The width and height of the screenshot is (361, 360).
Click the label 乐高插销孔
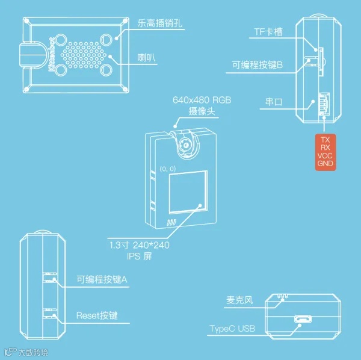coord(160,25)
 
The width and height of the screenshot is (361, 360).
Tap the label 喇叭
coord(146,58)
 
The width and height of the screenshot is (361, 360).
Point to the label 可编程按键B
coord(258,65)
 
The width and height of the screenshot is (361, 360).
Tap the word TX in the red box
coord(326,139)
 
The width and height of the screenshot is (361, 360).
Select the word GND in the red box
coord(326,163)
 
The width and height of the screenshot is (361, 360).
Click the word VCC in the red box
coord(326,155)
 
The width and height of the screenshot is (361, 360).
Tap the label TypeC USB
coord(233,329)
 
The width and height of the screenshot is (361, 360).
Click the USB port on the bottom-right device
coord(303,320)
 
